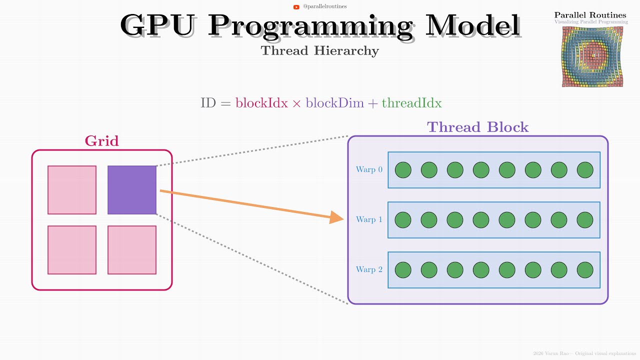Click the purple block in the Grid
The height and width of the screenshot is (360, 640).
point(132,190)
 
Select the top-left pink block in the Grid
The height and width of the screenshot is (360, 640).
point(72,190)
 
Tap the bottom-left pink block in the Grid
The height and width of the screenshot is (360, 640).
point(72,250)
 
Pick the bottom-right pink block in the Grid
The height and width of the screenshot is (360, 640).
point(132,250)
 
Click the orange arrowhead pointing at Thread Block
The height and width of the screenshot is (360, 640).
point(337,217)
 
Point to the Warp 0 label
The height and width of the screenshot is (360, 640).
point(369,169)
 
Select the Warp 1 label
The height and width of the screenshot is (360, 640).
point(369,219)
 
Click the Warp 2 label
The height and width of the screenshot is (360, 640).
point(369,269)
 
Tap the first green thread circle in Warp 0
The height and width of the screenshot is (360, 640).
point(403,170)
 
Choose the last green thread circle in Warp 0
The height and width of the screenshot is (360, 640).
point(585,170)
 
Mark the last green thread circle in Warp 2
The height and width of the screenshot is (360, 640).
point(585,270)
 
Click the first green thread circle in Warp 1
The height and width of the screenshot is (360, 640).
point(403,220)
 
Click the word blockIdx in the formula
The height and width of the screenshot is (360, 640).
point(261,103)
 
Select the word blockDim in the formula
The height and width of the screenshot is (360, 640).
point(334,103)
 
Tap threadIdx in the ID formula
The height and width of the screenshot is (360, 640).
point(411,103)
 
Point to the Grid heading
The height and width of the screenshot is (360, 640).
point(102,141)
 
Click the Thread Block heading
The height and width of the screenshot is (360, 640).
point(477,127)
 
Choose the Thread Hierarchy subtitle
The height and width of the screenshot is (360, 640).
point(320,50)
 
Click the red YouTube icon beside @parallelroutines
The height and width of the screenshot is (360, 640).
point(296,7)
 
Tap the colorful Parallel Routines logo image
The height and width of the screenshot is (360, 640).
point(590,56)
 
